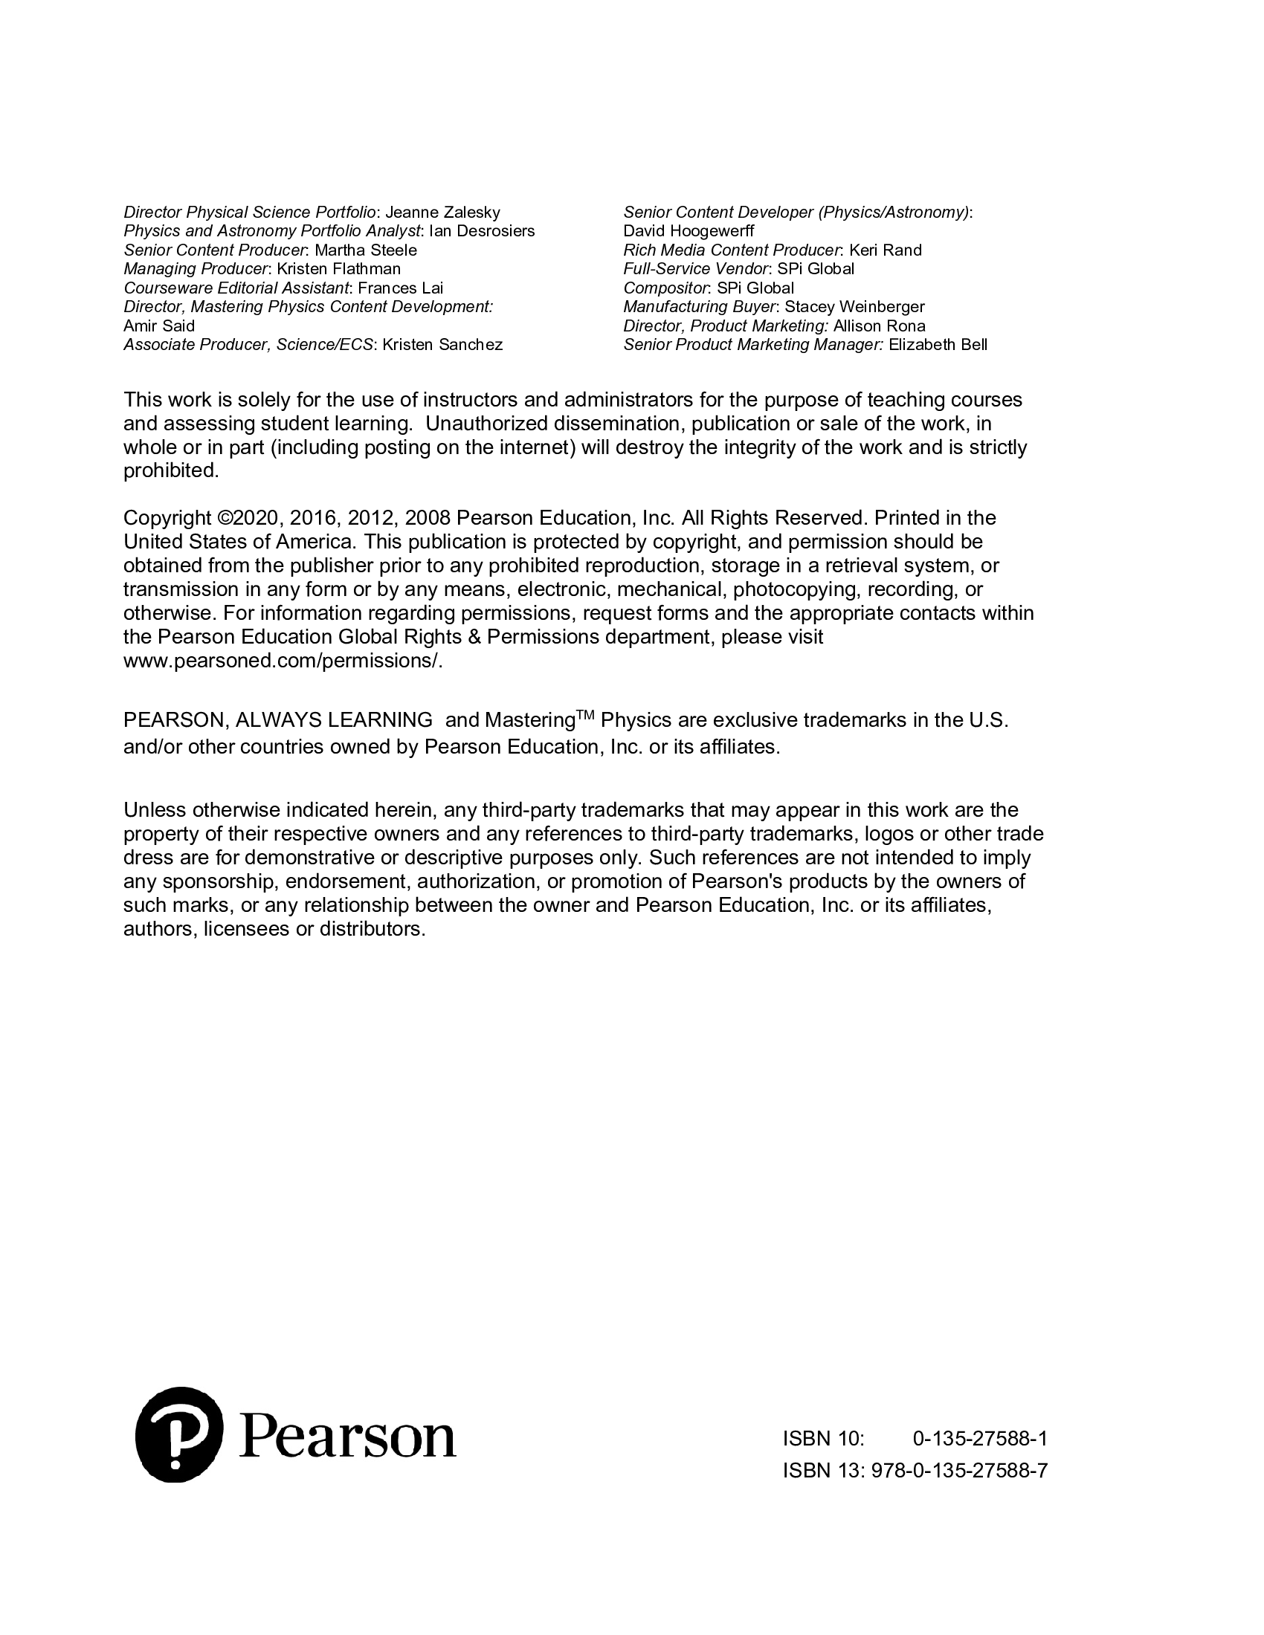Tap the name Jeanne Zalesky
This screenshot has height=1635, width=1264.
(x=442, y=213)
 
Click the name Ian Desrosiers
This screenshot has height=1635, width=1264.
(x=482, y=231)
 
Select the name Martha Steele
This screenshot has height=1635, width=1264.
(x=365, y=250)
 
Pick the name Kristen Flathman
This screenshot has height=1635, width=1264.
(x=338, y=269)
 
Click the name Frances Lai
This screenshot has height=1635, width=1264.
(x=401, y=288)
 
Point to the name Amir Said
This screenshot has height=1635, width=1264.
(x=159, y=326)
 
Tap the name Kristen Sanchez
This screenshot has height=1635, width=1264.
(x=442, y=344)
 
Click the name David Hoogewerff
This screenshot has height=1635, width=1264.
(x=689, y=231)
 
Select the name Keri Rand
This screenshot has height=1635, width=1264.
(x=885, y=250)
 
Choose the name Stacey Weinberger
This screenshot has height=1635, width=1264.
(x=854, y=307)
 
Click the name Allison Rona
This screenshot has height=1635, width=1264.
(x=879, y=326)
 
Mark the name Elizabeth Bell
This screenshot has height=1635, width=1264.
(x=938, y=344)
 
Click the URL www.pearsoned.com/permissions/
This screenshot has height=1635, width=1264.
(x=283, y=661)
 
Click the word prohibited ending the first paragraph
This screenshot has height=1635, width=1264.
(x=171, y=471)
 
